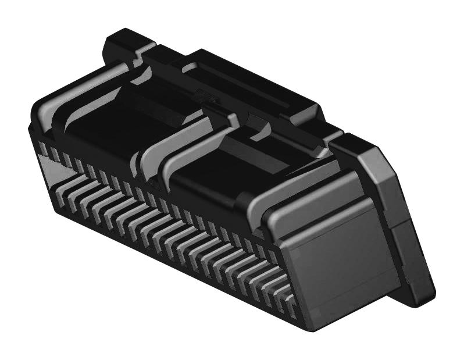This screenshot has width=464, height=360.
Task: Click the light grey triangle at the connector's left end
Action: click(x=53, y=171)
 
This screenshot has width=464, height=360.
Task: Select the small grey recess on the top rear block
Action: click(x=192, y=67)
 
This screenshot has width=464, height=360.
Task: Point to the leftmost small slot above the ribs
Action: click(x=42, y=148)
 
